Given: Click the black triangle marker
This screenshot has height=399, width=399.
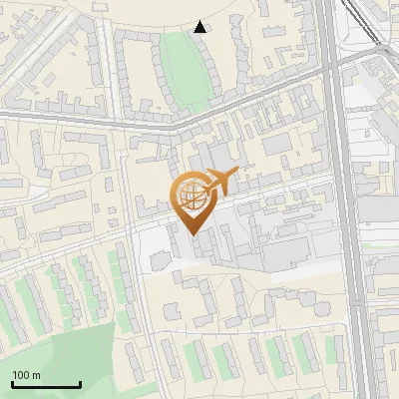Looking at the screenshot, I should click(200, 27).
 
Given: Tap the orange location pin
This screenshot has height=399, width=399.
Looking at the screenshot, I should click(194, 200).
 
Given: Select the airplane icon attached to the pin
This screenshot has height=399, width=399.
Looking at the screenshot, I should click(220, 182).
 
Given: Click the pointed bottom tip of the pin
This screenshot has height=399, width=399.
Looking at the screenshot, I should click(193, 232).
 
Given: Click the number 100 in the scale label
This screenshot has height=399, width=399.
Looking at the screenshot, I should click(21, 375).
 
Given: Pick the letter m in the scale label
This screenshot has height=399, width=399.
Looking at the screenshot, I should click(36, 375).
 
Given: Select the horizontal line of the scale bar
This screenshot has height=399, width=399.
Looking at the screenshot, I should click(45, 385).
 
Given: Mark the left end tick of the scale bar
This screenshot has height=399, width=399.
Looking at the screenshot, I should click(11, 383).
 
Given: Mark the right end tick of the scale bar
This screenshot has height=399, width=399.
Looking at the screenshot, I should click(80, 383).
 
